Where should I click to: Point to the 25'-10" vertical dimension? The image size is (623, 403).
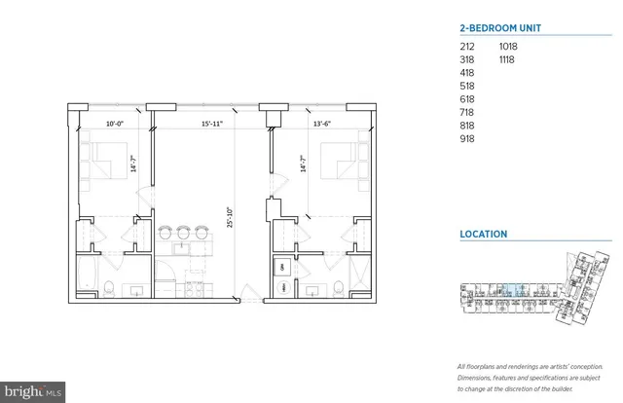click(x=229, y=207)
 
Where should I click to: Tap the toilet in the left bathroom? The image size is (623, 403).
click(x=112, y=287)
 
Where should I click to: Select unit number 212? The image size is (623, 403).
click(x=467, y=46)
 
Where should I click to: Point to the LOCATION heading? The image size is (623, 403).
click(x=484, y=234)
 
